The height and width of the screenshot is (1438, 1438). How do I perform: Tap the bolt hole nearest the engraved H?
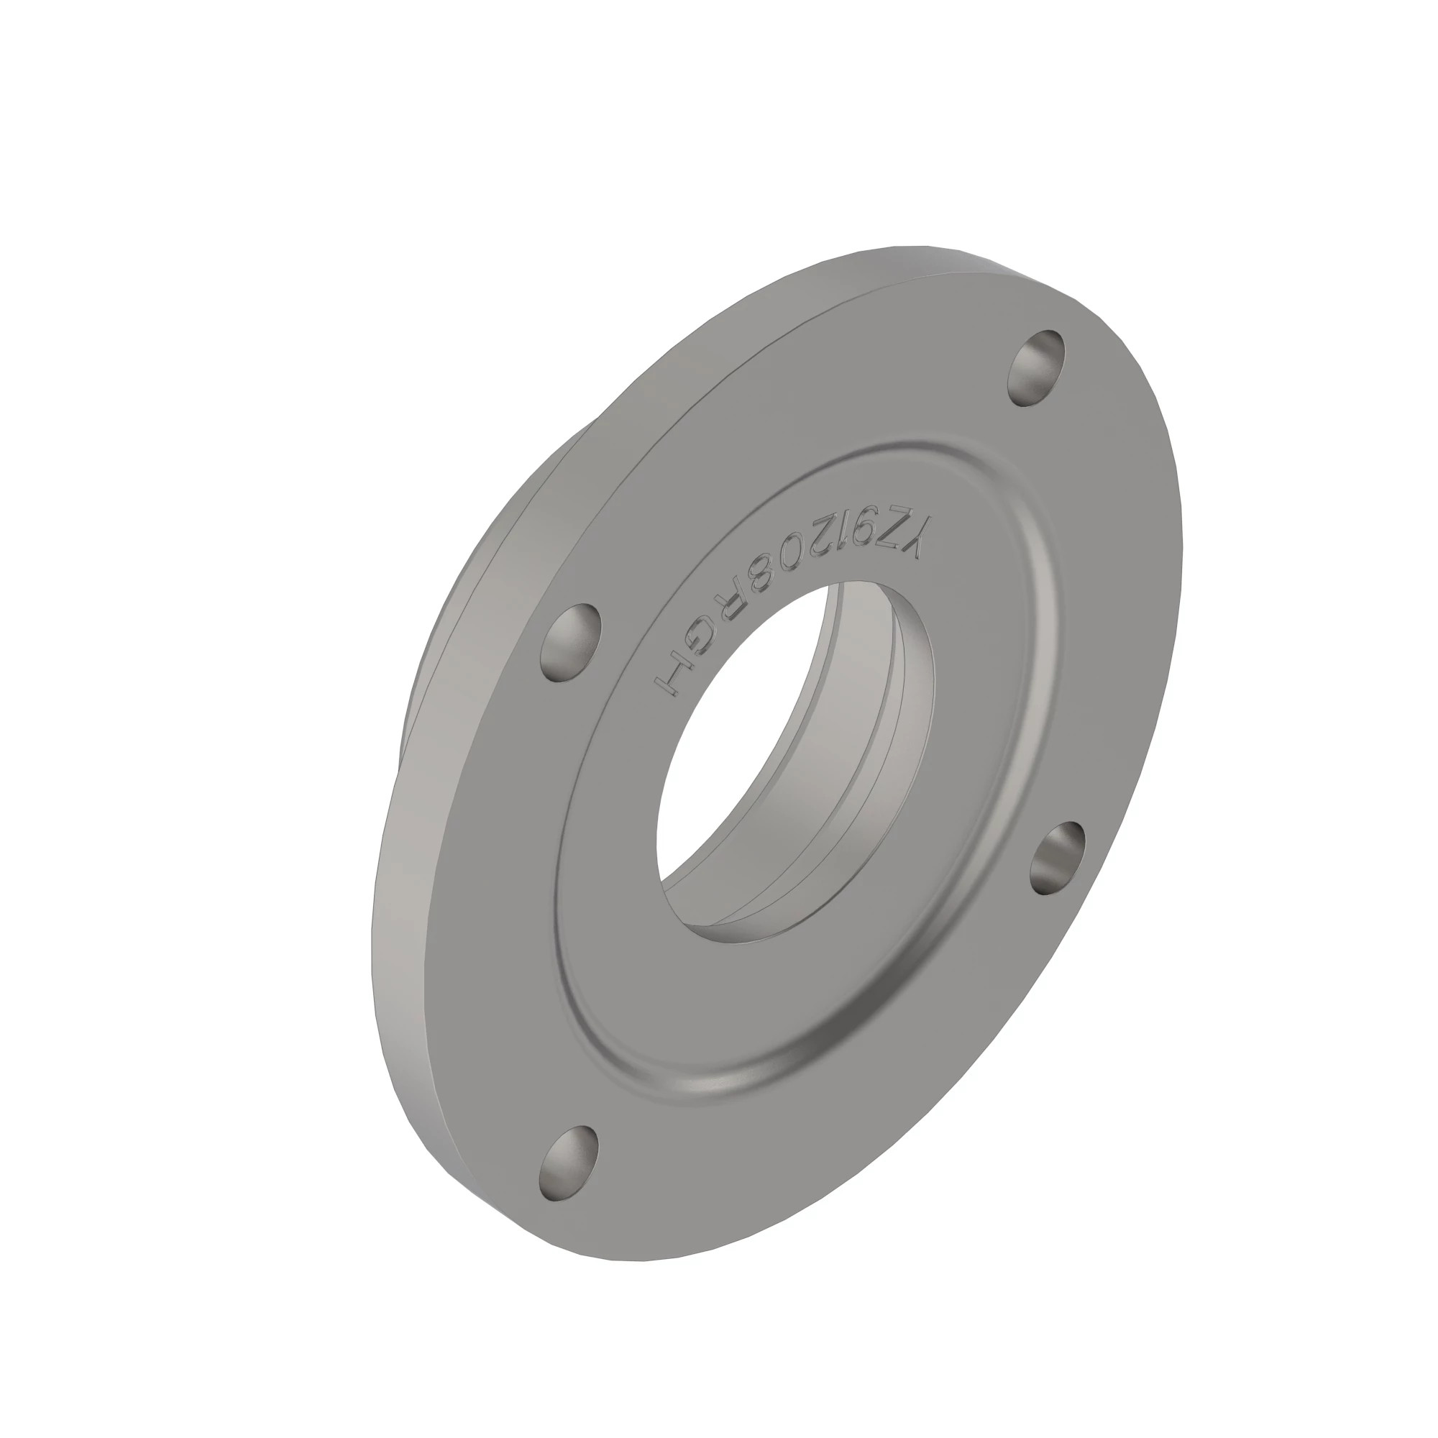point(570,641)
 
